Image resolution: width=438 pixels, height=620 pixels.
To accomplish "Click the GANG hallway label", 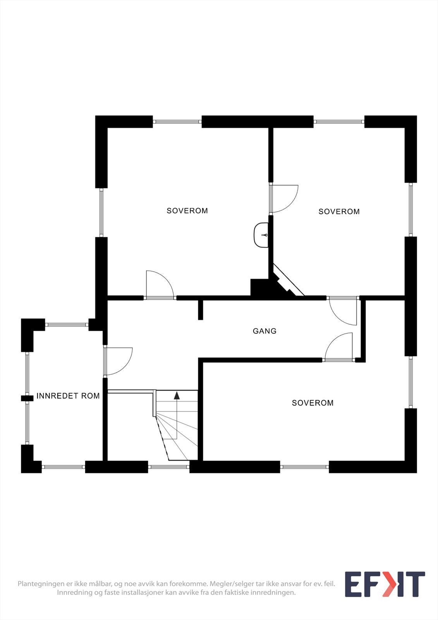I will [265, 331].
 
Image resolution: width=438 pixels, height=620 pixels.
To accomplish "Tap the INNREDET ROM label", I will [68, 396].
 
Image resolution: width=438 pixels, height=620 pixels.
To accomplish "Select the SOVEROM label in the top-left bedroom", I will [187, 211].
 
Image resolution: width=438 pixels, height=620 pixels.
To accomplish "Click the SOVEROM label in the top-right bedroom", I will [339, 212].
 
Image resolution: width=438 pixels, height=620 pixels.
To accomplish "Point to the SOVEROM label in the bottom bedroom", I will [313, 403].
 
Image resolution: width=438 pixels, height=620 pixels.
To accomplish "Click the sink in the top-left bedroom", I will [261, 235].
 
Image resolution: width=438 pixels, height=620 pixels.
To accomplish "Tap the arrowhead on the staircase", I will [177, 396].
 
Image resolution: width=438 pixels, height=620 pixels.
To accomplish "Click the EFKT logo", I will [385, 584].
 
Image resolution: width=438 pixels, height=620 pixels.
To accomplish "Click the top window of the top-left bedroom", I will [177, 122].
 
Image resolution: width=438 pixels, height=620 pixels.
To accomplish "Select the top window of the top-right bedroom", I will [339, 122].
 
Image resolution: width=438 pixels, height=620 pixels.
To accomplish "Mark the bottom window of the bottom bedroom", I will [304, 467].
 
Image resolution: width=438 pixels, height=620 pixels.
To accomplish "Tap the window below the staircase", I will [168, 467].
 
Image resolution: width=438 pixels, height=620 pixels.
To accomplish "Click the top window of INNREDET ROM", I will [67, 325].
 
